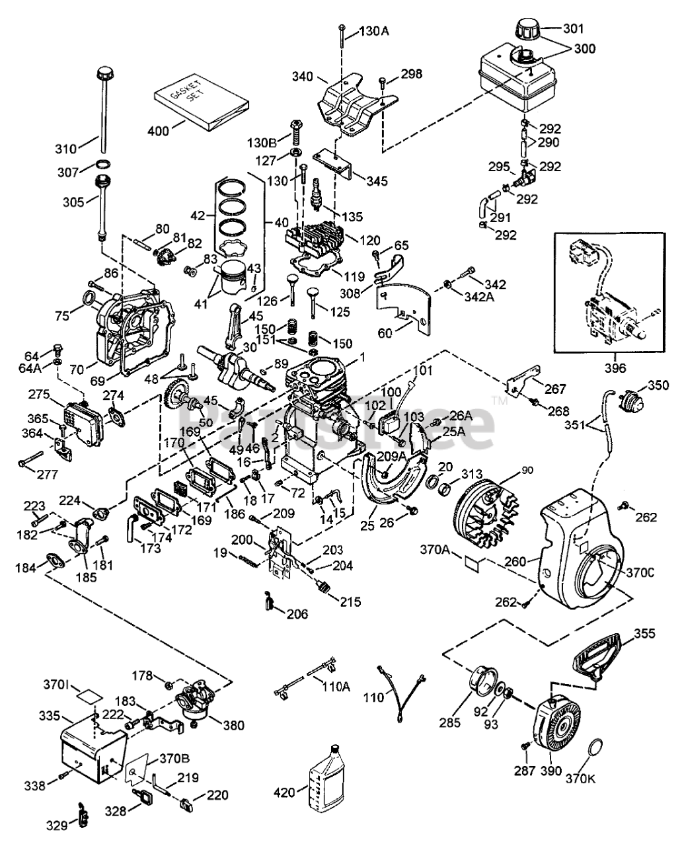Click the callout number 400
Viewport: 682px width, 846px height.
coord(157,131)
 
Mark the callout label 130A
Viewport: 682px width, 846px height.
coord(375,30)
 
